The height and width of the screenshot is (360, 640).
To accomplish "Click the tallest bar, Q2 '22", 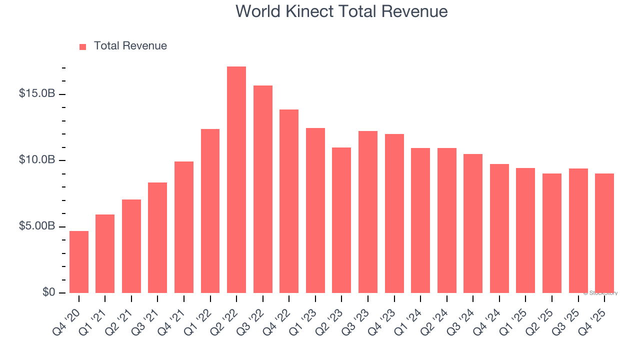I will coord(236,180).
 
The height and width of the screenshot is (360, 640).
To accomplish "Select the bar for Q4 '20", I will coord(79,262).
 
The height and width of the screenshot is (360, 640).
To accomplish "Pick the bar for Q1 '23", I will coord(315,210).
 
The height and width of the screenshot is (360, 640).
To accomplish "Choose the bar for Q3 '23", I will coord(367,212).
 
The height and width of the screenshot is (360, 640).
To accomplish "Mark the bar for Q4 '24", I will coord(499,228).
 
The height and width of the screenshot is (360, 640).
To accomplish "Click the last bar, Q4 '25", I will coord(604,233).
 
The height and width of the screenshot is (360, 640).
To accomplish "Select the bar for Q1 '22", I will coord(210,211).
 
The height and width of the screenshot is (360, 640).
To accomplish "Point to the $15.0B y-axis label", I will coord(37,93).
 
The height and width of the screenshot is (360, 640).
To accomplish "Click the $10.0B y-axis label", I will coord(37,160).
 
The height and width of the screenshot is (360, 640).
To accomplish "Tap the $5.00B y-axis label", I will coord(37,226).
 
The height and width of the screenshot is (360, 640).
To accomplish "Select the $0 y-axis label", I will coord(48,292).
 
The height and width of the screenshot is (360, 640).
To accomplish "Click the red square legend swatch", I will coord(83,46).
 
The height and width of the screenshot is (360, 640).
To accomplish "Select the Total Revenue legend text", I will coord(130,46).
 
